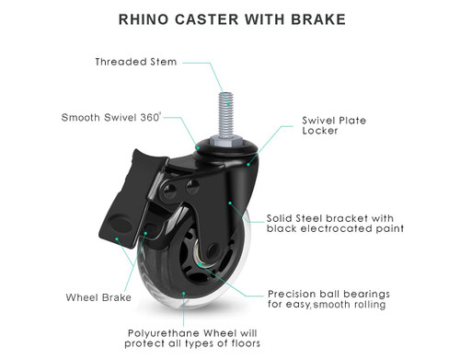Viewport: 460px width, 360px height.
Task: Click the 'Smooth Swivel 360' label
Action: [111, 118]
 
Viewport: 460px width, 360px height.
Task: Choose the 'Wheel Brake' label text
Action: [98, 297]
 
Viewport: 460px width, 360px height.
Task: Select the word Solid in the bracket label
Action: [282, 217]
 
